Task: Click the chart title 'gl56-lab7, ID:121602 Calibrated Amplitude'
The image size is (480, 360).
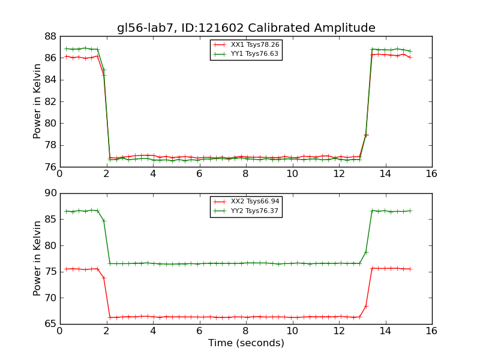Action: pyautogui.click(x=246, y=28)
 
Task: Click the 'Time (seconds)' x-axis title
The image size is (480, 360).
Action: pyautogui.click(x=246, y=343)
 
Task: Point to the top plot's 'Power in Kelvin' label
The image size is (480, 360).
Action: pyautogui.click(x=38, y=101)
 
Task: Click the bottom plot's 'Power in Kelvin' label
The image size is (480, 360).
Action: pyautogui.click(x=38, y=258)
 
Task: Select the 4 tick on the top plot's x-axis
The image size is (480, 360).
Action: pyautogui.click(x=152, y=174)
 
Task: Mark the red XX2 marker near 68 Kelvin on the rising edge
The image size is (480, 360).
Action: pyautogui.click(x=365, y=306)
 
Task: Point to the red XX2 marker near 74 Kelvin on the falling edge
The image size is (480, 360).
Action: pyautogui.click(x=104, y=278)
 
